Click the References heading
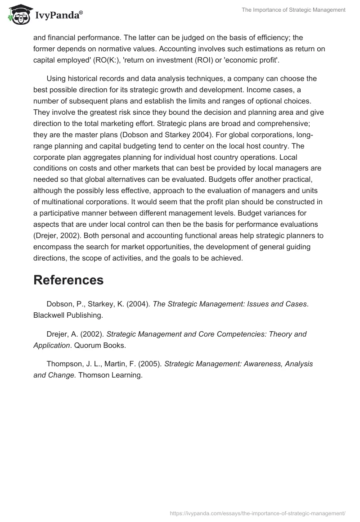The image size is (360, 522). click(x=68, y=280)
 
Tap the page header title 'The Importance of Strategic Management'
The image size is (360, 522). click(x=293, y=10)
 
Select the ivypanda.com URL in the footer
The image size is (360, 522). click(x=258, y=513)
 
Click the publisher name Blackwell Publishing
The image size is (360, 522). click(x=68, y=315)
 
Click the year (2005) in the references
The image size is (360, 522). click(x=149, y=364)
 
